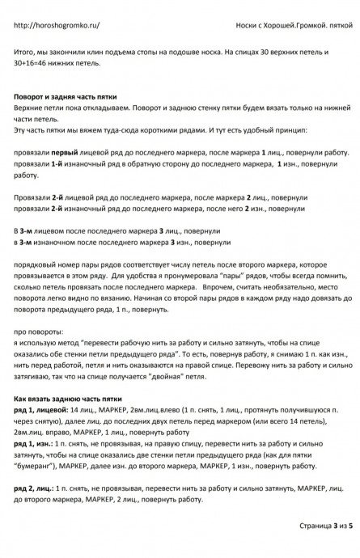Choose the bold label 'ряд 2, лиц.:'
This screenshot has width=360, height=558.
click(x=35, y=488)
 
